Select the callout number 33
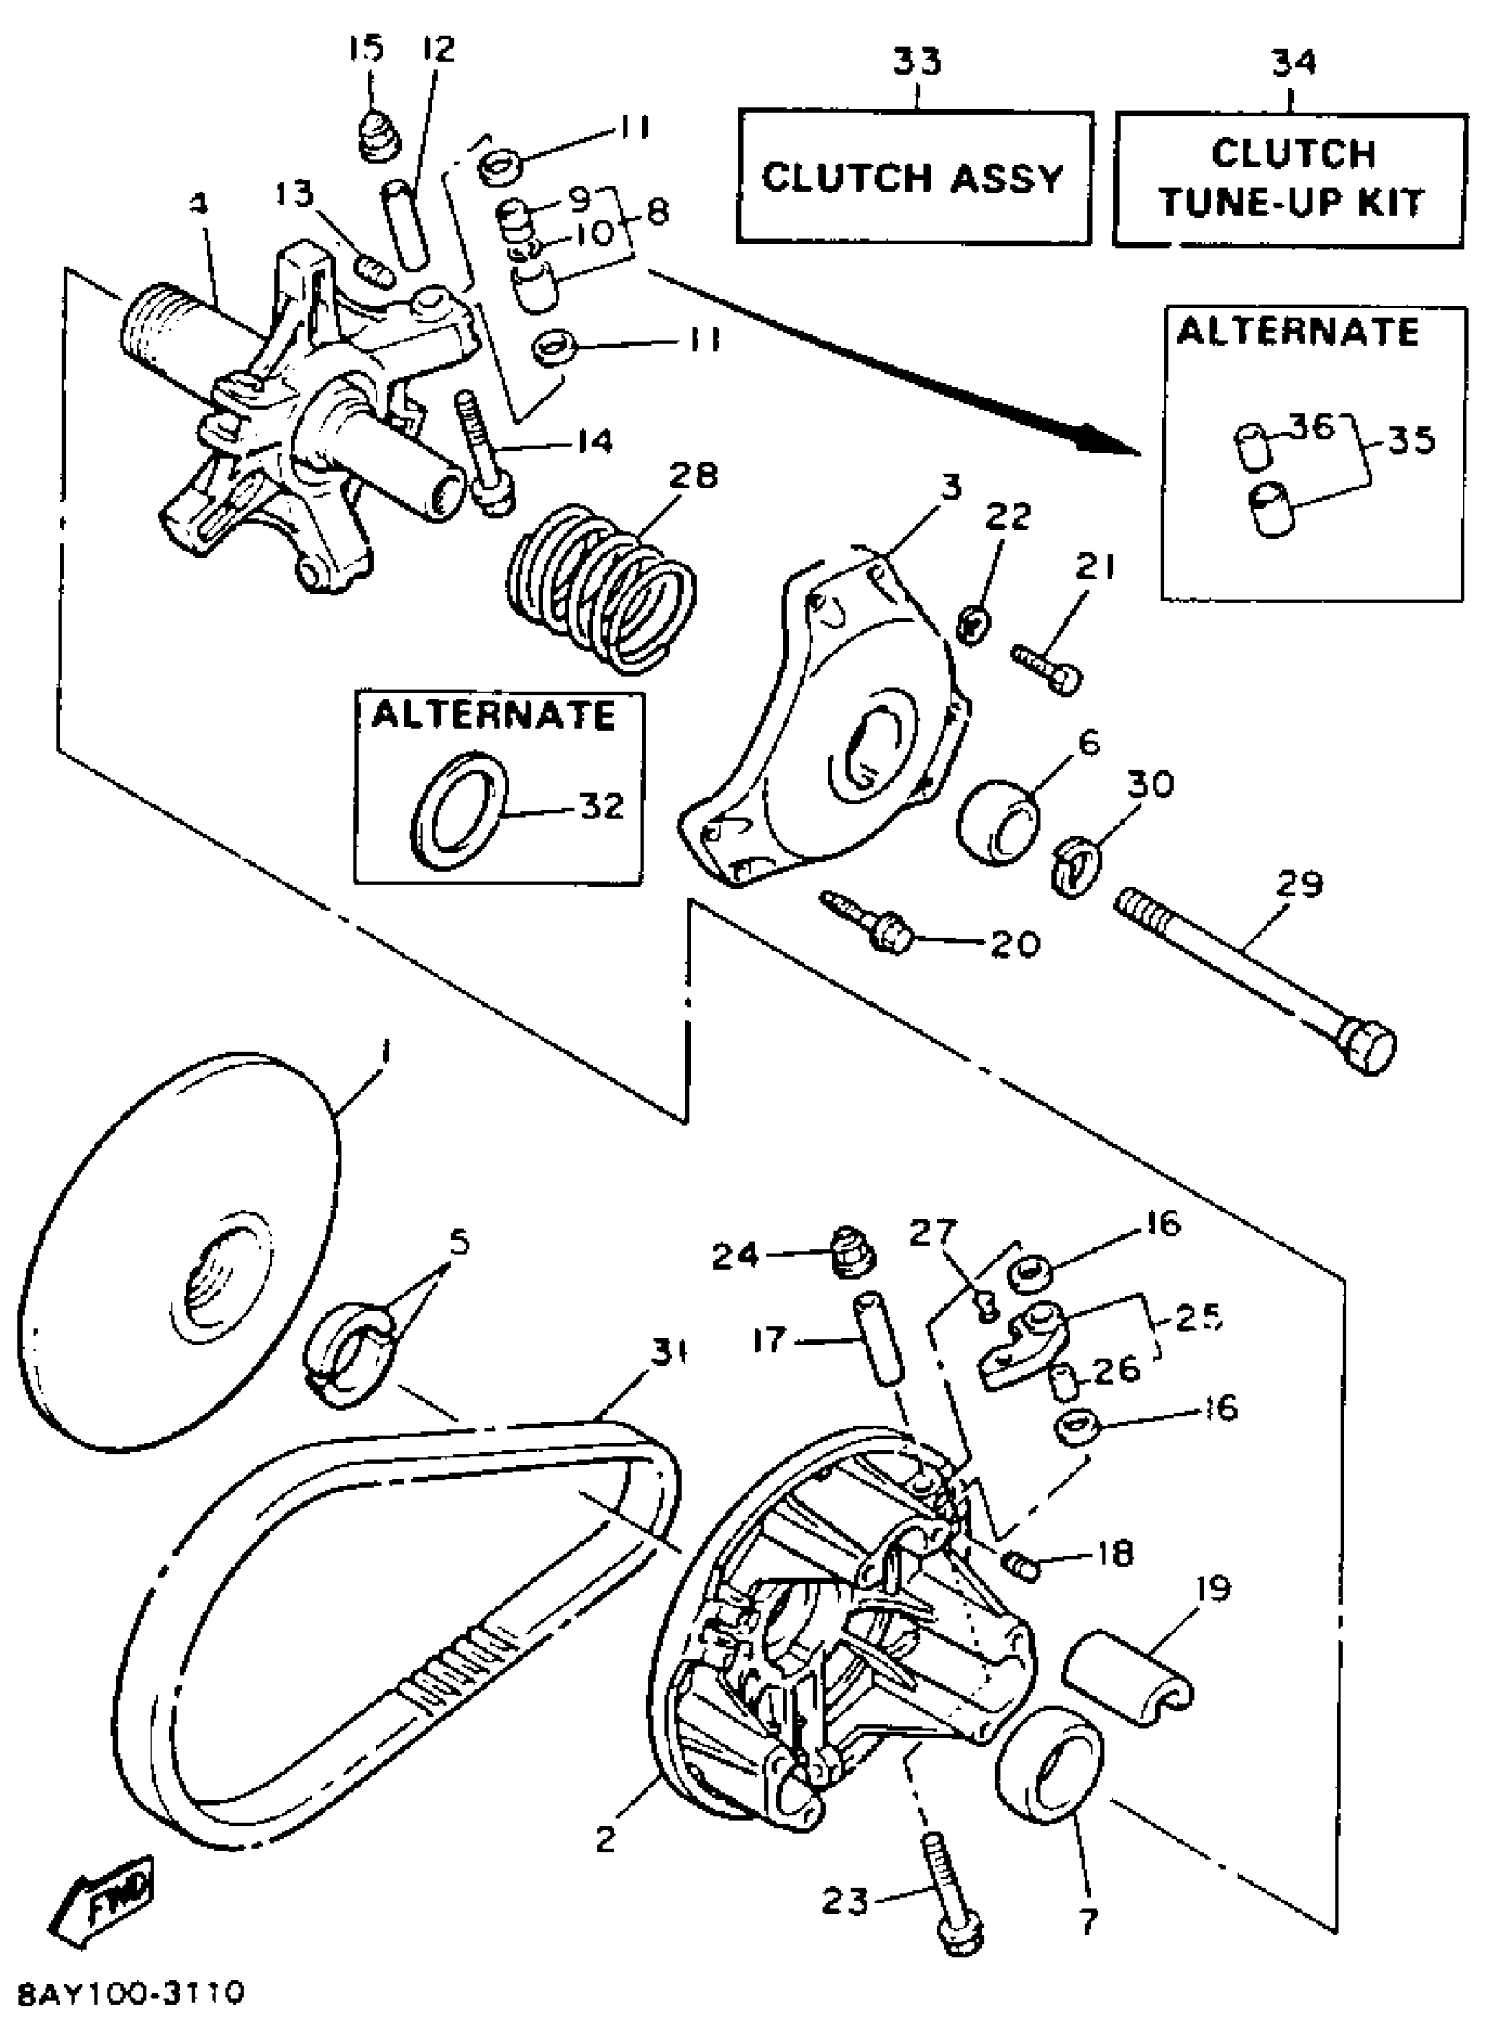pos(916,61)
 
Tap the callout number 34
pos(1294,61)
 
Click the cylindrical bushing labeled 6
pos(996,820)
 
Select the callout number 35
pos(1410,441)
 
